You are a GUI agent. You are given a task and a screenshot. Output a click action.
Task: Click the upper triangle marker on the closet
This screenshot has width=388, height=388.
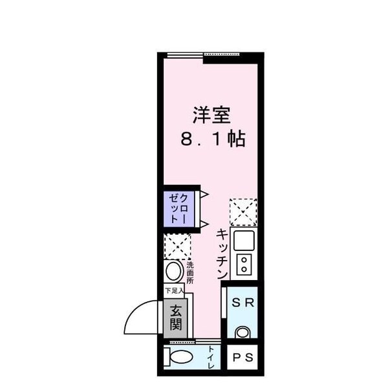click(x=202, y=193)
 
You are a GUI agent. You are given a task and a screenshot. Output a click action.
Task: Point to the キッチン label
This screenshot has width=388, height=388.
click(x=221, y=253)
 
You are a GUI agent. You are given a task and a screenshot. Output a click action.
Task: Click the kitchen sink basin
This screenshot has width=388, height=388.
click(x=244, y=241)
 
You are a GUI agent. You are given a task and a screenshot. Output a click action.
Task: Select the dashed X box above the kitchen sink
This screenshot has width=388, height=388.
click(x=243, y=211)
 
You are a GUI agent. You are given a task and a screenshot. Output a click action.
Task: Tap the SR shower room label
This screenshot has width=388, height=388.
click(x=242, y=302)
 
